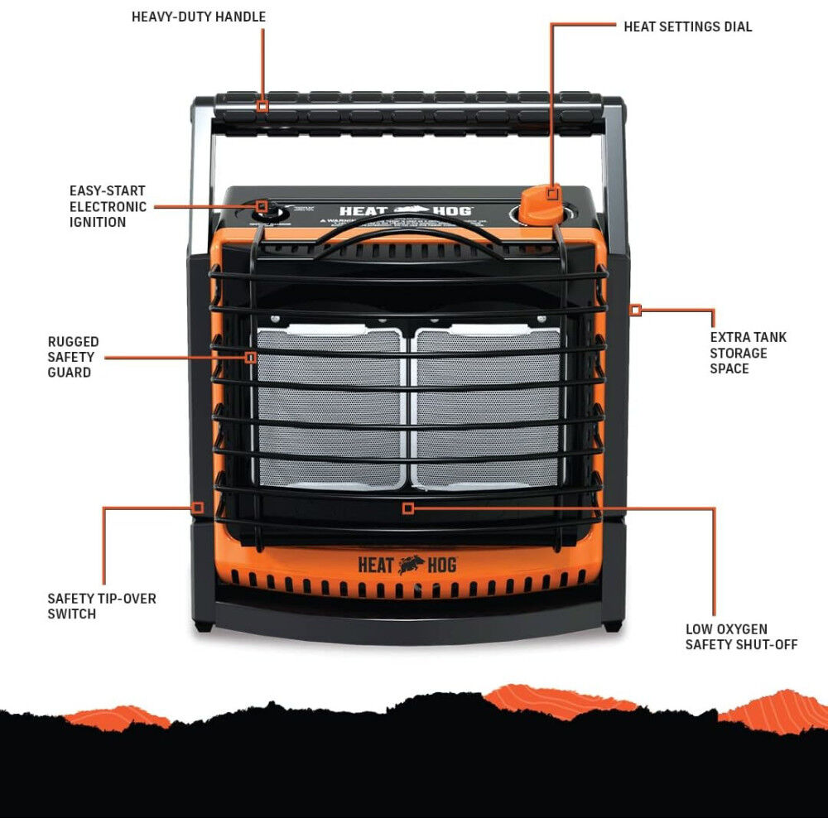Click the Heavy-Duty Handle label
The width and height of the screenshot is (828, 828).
pos(199,17)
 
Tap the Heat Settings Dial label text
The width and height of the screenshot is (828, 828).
pos(687,26)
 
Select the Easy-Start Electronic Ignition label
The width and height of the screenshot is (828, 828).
pos(108,206)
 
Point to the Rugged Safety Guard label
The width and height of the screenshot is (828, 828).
pos(74,357)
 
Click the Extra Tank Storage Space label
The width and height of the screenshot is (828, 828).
pos(748,353)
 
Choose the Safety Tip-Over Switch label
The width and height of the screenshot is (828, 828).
pos(101,606)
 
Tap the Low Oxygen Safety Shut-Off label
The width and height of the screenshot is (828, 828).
pos(741,637)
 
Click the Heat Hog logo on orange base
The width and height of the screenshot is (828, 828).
pos(407,565)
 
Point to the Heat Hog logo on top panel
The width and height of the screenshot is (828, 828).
pos(406,211)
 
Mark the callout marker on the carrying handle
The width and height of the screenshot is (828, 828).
pos(262,106)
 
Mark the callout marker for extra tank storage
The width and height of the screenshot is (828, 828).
pos(635,310)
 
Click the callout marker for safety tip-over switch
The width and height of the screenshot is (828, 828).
pos(198,508)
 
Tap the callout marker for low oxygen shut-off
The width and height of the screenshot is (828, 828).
pos(407,508)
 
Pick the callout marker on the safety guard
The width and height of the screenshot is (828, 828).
pos(251,357)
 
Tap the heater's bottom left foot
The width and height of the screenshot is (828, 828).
pos(202,626)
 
